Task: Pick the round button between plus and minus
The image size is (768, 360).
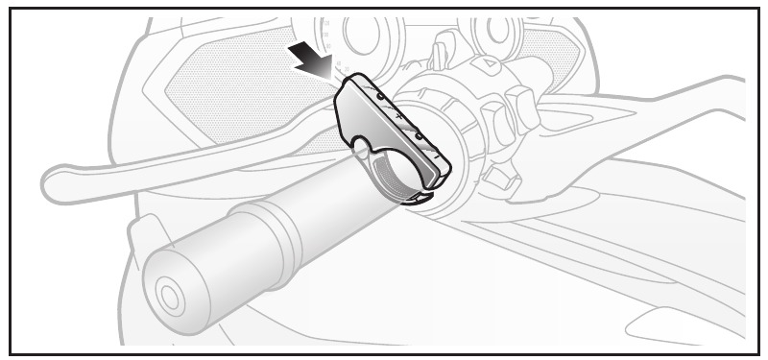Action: [419, 135]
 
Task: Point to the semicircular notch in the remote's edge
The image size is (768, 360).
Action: [368, 146]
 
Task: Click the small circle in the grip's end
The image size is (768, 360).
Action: [169, 298]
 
